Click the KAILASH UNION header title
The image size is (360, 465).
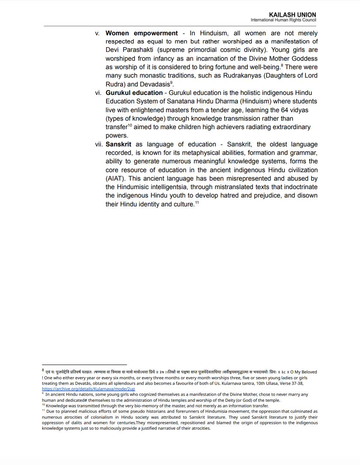292,15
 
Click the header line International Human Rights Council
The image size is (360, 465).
283,20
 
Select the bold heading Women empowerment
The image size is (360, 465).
141,33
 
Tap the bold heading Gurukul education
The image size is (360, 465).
134,93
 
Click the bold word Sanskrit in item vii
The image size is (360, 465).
118,144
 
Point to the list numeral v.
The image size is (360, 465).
97,33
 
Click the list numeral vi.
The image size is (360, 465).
98,93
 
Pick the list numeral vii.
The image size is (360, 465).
99,144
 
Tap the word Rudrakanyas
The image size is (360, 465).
241,75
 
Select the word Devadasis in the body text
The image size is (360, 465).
155,84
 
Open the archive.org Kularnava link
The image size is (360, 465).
88,389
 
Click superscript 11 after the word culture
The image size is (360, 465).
197,202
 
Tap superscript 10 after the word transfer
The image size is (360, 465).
130,125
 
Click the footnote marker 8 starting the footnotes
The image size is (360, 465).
43,370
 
